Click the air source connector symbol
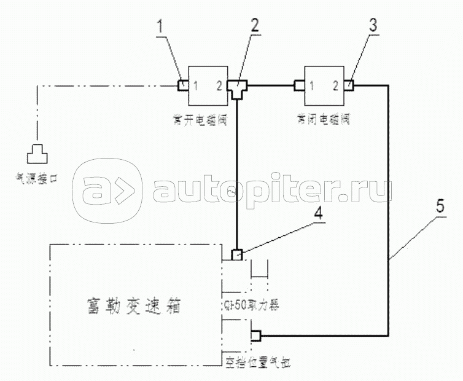pos(37,149)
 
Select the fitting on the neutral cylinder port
pos(255,336)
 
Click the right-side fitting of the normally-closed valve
pos(349,85)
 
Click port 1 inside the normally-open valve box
pos(195,85)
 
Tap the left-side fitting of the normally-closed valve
pos(300,85)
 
